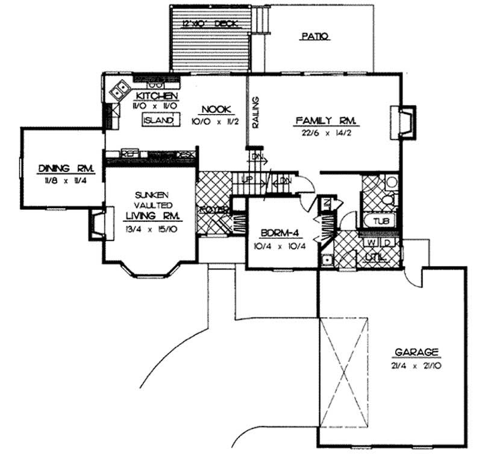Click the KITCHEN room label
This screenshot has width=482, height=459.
pyautogui.click(x=156, y=97)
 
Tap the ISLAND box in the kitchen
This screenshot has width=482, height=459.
pyautogui.click(x=160, y=121)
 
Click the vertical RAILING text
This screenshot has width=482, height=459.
pyautogui.click(x=255, y=112)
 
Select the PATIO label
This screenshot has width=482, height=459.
pyautogui.click(x=314, y=36)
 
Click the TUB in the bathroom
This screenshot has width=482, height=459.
pyautogui.click(x=380, y=221)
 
